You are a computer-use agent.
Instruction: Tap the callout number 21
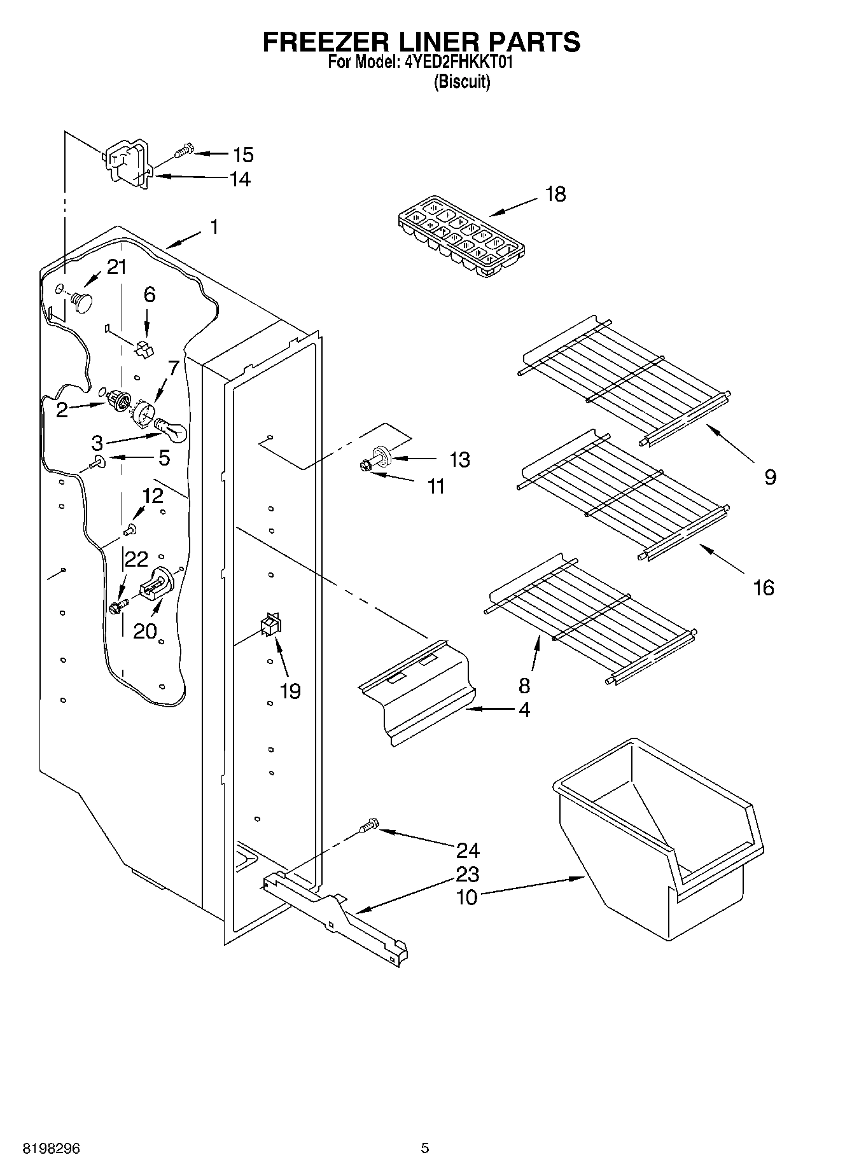116,267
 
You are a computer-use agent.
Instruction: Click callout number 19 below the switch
291,691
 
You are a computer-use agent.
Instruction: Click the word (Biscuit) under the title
462,82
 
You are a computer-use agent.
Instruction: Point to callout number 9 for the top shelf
770,476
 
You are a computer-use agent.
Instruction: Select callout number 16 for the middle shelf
764,587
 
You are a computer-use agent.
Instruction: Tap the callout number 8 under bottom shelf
524,685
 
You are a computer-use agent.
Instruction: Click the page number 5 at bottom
425,1148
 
